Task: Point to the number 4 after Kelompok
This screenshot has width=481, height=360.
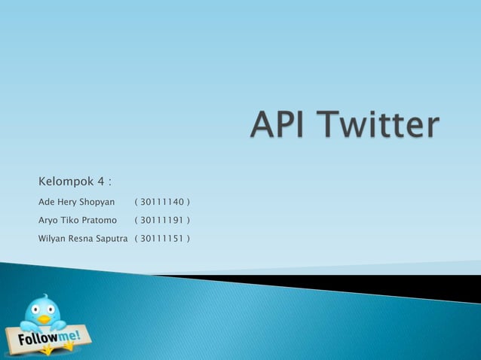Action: tap(100, 182)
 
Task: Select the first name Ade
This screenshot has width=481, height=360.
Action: tap(47, 203)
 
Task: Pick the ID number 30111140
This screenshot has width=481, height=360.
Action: tap(161, 203)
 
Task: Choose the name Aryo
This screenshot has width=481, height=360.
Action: tap(49, 221)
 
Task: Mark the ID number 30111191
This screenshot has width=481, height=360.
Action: tap(161, 221)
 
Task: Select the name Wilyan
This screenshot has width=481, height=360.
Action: tap(54, 239)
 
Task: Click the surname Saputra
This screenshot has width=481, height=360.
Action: tap(115, 239)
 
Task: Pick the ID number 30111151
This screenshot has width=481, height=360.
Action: tap(161, 239)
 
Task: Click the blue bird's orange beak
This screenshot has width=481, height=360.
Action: tap(44, 319)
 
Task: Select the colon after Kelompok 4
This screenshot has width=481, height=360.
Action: tap(110, 183)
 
